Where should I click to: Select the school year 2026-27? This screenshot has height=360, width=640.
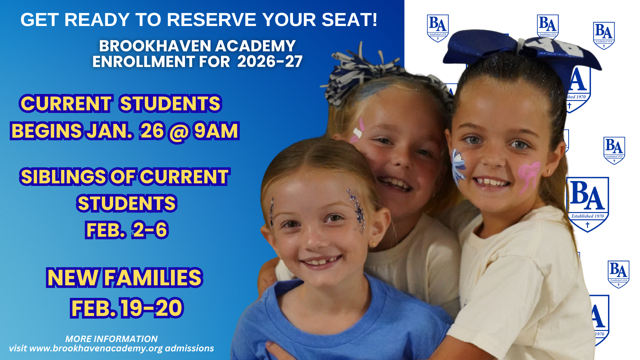(270, 61)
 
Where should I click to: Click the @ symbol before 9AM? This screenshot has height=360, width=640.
(179, 132)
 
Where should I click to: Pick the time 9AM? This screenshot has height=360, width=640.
(216, 131)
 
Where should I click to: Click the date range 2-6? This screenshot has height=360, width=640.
(150, 230)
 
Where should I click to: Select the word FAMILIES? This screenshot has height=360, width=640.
(153, 278)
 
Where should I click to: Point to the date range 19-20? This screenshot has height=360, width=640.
(152, 308)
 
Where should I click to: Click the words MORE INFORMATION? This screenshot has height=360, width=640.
(111, 339)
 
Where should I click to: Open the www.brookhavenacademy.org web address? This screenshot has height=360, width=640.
(96, 349)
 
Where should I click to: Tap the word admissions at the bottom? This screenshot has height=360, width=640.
(189, 348)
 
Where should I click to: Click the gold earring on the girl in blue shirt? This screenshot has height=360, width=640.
(374, 244)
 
